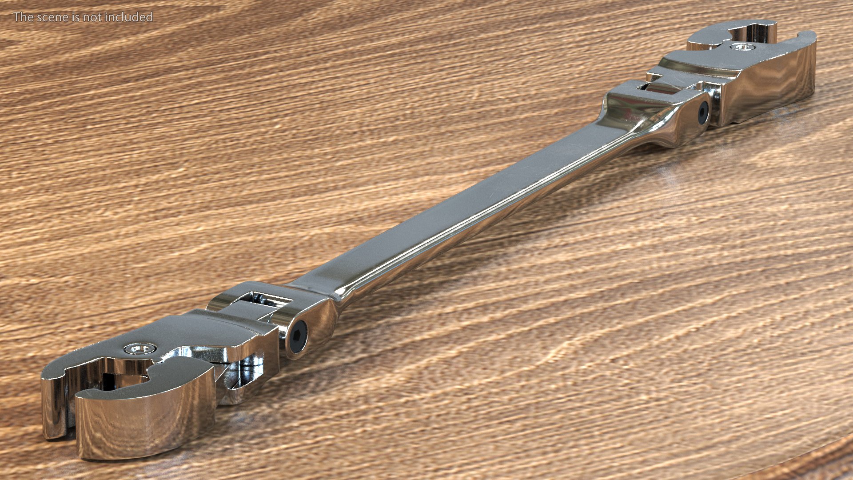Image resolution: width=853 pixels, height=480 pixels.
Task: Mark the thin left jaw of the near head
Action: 53,400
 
